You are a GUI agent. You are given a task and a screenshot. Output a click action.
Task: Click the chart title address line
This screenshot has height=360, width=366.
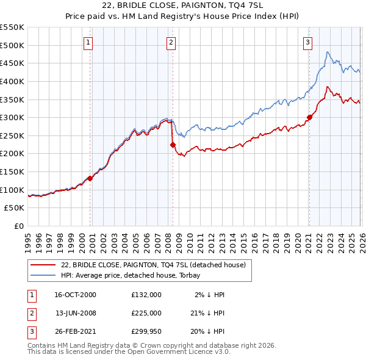pos(184,5)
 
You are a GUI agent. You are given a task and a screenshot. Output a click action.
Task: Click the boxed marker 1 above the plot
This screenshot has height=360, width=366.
pos(89,42)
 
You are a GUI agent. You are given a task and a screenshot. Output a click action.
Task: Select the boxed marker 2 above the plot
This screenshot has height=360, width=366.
pos(171,42)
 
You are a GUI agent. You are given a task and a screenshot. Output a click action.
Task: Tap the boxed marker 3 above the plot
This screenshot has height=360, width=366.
pos(308,42)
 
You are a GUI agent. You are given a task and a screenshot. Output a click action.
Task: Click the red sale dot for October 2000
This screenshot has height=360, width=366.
pos(90,178)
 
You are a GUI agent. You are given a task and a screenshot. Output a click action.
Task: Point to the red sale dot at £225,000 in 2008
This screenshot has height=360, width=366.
pos(173,145)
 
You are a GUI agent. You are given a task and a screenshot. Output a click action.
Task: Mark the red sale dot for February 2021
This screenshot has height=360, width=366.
pos(309,117)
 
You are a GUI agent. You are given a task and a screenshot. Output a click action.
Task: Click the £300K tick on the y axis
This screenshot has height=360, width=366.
pos(12,117)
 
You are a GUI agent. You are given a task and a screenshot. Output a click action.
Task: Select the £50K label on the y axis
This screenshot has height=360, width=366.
pos(15,208)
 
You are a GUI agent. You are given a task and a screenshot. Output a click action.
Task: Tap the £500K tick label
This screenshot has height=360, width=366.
pos(12,45)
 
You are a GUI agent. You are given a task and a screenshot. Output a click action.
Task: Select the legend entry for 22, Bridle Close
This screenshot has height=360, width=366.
pos(152,264)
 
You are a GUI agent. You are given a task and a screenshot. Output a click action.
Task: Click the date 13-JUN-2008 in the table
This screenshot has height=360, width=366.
pos(76,313)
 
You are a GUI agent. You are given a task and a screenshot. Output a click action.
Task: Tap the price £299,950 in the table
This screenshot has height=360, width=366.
pos(146,332)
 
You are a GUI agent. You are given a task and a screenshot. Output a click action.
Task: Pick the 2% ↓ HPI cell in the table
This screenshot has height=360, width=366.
pos(210,294)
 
